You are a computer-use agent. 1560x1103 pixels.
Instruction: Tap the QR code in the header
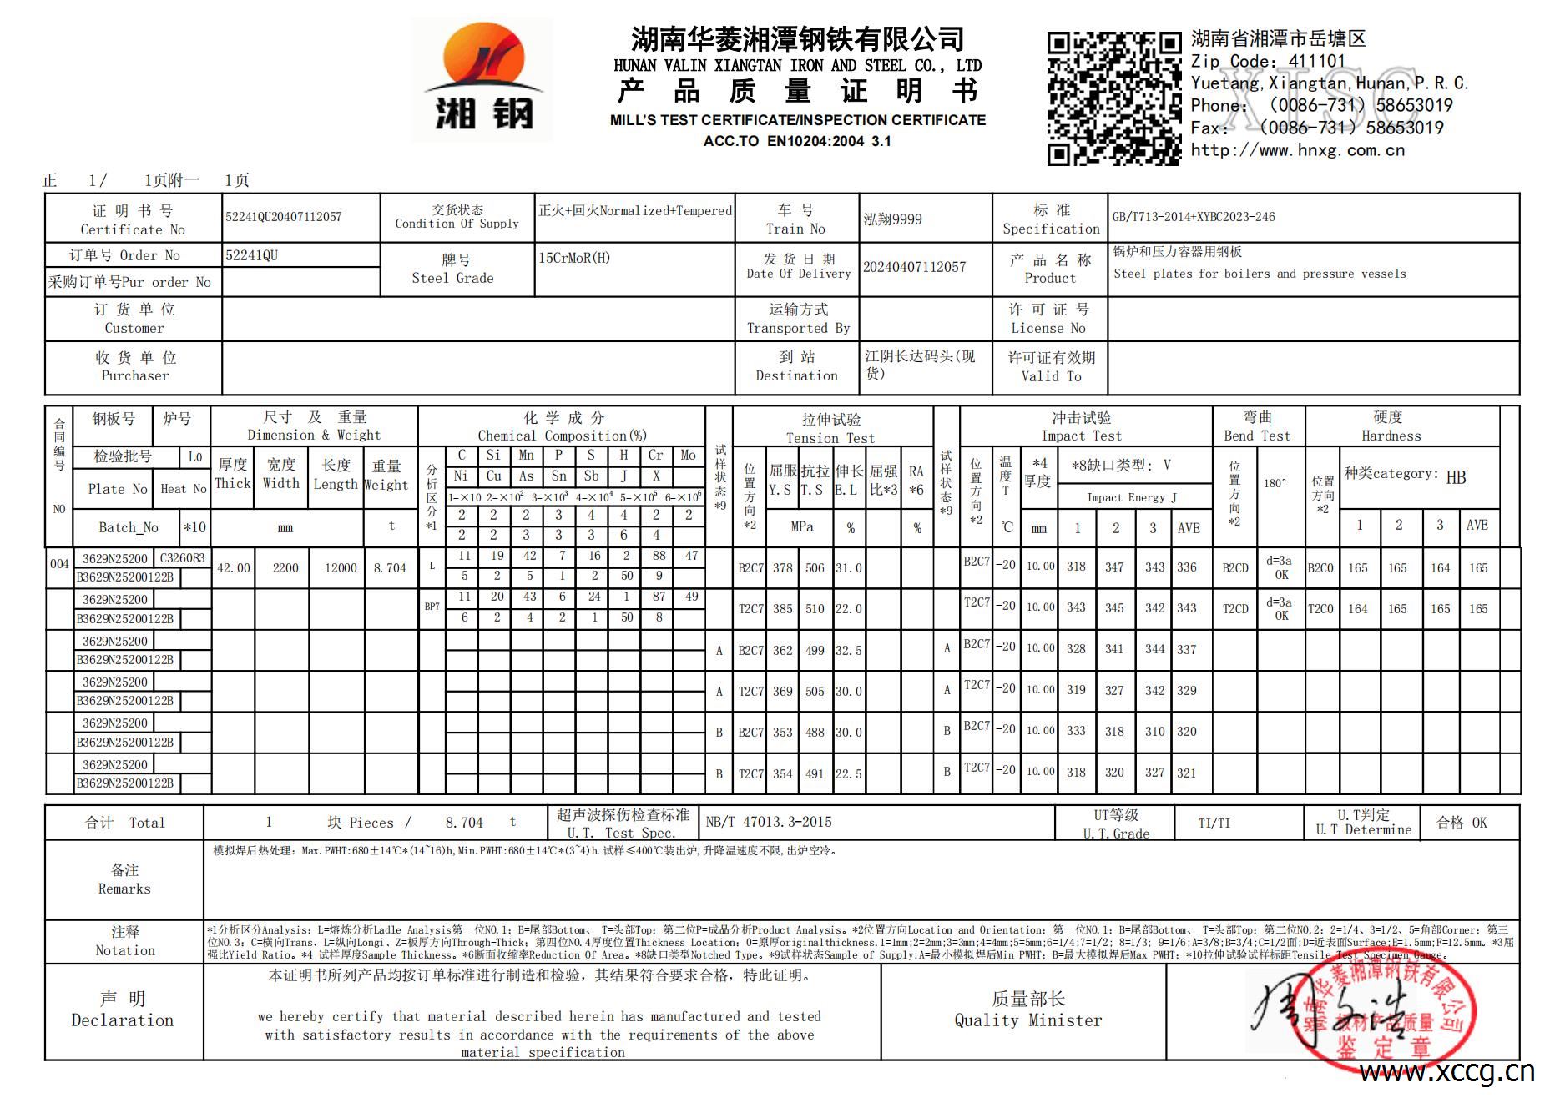1114,98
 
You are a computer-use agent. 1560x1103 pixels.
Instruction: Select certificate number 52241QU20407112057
284,217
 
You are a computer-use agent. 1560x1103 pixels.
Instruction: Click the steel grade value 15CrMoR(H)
574,258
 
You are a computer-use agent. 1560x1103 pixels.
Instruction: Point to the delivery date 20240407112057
914,267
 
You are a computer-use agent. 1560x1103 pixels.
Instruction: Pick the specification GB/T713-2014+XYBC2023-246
1194,217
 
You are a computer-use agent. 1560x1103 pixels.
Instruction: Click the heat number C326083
182,558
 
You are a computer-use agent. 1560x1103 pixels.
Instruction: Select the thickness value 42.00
234,568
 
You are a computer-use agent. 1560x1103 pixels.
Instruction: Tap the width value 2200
285,568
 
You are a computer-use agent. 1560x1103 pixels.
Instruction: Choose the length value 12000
341,568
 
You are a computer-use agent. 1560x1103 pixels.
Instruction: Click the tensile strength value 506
815,568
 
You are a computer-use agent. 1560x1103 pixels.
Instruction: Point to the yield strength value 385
782,609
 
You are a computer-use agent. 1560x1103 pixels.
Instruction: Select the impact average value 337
1186,650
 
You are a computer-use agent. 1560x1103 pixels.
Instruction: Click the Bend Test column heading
1257,426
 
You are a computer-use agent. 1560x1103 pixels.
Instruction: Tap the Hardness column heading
1391,426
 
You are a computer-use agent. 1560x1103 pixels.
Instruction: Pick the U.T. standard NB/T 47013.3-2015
769,822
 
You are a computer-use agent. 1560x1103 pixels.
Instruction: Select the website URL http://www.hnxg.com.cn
1297,150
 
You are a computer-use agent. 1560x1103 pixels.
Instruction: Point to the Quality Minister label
1027,1010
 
